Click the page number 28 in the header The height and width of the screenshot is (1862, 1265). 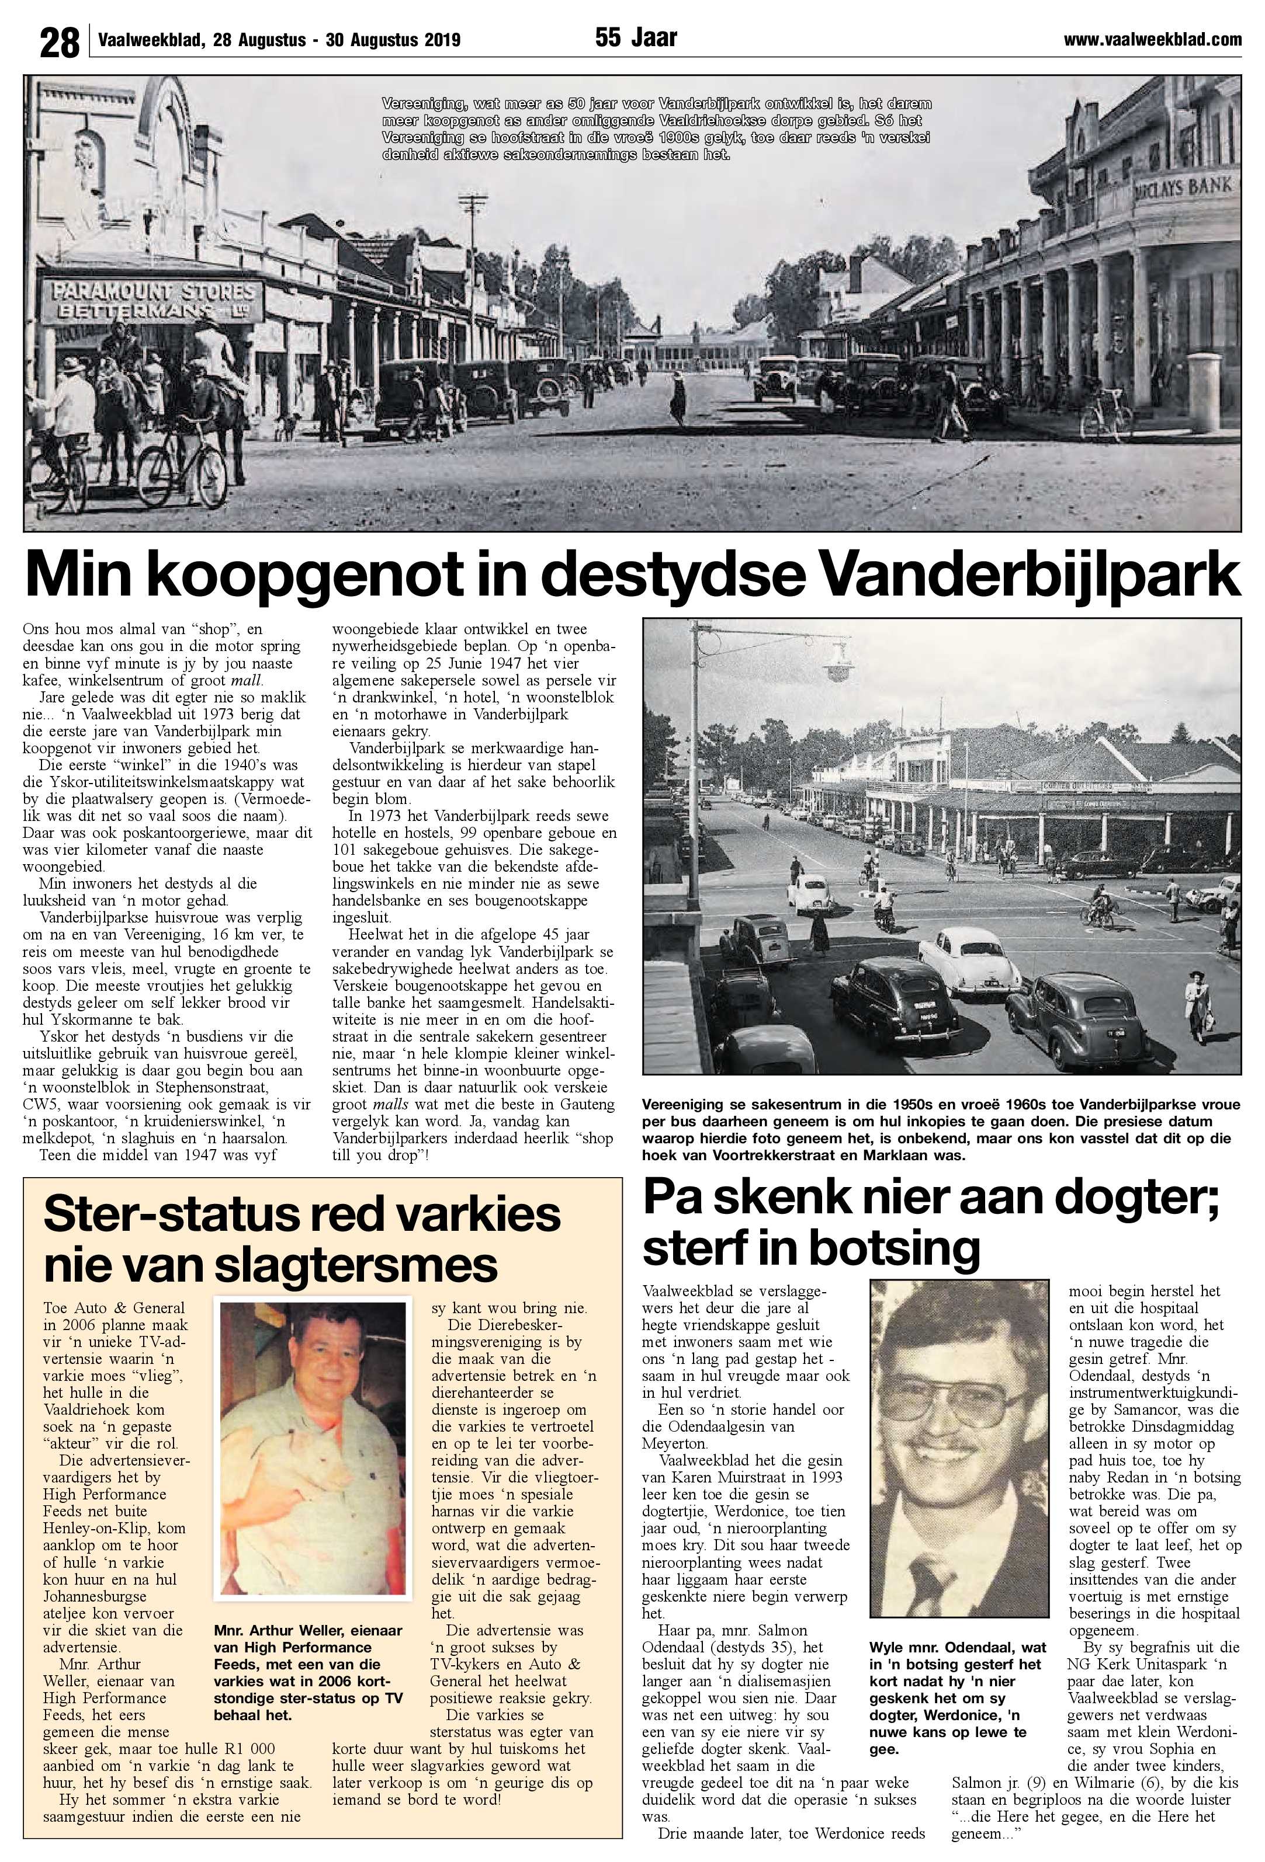pos(60,41)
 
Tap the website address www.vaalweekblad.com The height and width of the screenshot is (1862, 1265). pos(1152,39)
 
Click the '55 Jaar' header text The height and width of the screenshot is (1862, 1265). pos(636,37)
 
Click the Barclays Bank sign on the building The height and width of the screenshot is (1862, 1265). pos(1183,189)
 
